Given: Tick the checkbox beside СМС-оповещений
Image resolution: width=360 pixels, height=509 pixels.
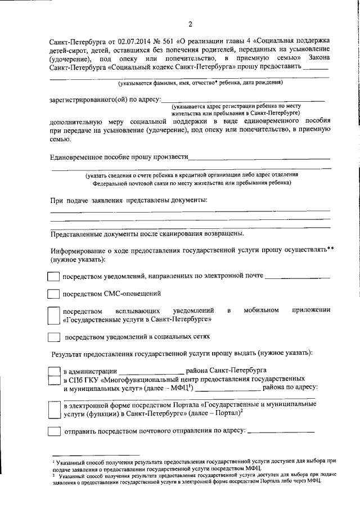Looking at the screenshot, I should (x=53, y=294).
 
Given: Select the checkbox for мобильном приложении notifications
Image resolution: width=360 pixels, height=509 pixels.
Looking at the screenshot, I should (x=53, y=314).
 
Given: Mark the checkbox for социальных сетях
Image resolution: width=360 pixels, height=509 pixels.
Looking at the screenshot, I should (x=53, y=337).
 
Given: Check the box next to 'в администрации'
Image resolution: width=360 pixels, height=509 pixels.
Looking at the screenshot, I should (x=53, y=372).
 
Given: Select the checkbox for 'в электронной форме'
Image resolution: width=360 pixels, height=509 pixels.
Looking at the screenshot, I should (x=53, y=410).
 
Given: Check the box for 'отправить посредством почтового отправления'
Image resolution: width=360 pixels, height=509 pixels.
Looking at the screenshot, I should (x=53, y=431).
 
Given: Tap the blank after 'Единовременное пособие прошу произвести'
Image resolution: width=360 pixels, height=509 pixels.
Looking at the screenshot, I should (x=259, y=159).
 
